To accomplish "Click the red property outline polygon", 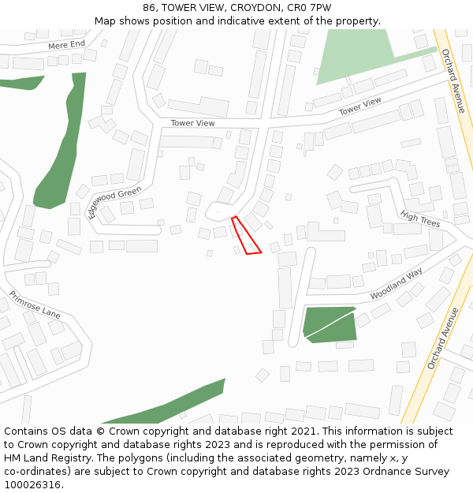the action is click(246, 237).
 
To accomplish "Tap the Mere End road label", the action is click(66, 45).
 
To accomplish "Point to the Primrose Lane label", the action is click(35, 304).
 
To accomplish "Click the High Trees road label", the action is click(419, 219).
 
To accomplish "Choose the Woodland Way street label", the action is click(396, 283).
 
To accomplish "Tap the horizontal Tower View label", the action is click(192, 123).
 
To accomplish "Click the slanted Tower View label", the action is click(359, 106).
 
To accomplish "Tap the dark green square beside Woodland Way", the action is click(330, 324).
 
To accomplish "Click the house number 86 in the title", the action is click(150, 8).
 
